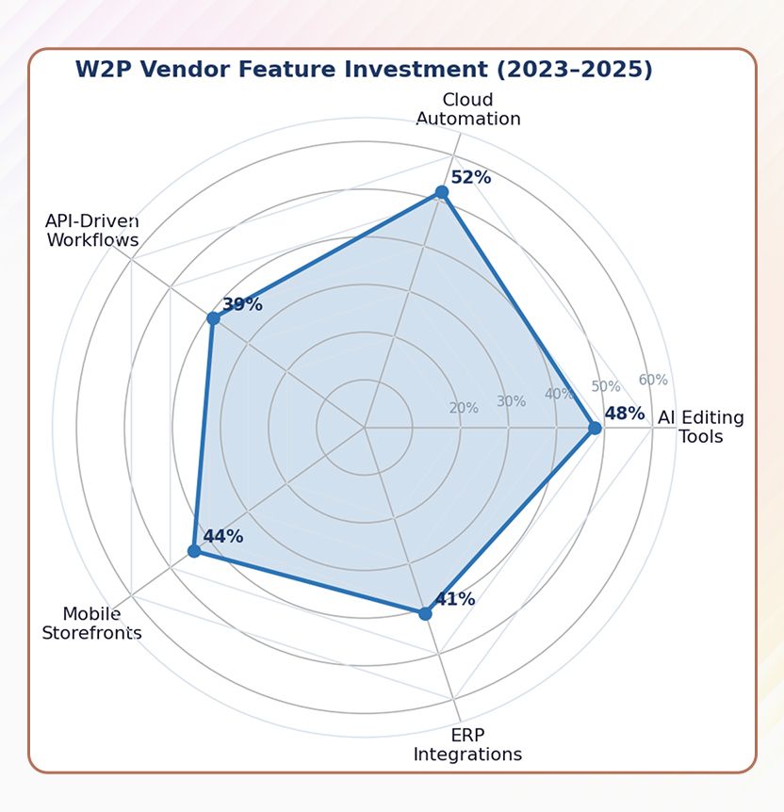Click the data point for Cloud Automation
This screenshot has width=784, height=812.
441,192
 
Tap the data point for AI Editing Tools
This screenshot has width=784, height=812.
595,428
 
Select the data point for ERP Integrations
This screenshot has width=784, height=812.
425,614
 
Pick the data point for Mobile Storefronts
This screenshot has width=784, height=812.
194,551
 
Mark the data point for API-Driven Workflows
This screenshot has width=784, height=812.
213,318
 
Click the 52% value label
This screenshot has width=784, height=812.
470,177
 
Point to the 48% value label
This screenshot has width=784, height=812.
625,414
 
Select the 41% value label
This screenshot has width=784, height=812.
454,599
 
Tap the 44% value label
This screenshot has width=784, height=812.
223,536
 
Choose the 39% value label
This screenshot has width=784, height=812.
242,304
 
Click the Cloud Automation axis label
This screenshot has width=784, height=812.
468,109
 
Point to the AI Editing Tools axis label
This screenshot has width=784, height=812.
701,427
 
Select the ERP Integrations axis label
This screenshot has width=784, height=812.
467,745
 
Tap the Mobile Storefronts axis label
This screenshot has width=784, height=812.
91,624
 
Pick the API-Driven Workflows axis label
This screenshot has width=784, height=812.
92,231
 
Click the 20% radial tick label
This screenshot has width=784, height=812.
464,408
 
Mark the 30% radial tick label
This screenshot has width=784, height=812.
511,401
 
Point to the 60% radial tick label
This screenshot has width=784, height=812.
653,380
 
